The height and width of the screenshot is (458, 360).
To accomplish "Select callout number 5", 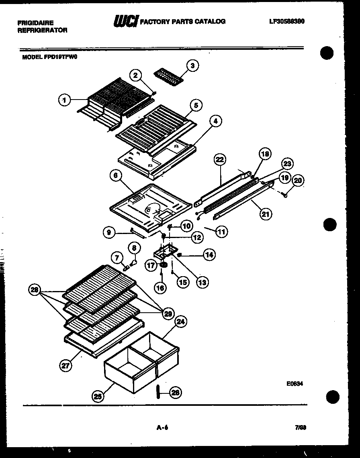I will click(x=196, y=106).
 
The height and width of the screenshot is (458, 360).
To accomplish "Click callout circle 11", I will click(x=221, y=231).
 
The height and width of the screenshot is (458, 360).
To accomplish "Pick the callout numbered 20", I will click(x=297, y=181).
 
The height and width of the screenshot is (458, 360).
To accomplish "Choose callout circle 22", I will click(x=219, y=160).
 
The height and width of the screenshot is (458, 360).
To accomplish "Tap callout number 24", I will click(x=181, y=321).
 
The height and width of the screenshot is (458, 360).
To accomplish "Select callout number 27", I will click(x=65, y=365).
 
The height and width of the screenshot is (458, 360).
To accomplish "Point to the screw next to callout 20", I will click(x=285, y=195).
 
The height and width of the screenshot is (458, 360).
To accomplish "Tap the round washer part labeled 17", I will click(x=164, y=265).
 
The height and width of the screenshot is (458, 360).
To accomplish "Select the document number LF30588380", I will click(x=287, y=21).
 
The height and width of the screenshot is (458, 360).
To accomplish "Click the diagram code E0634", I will click(x=295, y=383).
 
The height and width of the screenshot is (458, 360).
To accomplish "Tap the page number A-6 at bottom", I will click(x=162, y=428).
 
